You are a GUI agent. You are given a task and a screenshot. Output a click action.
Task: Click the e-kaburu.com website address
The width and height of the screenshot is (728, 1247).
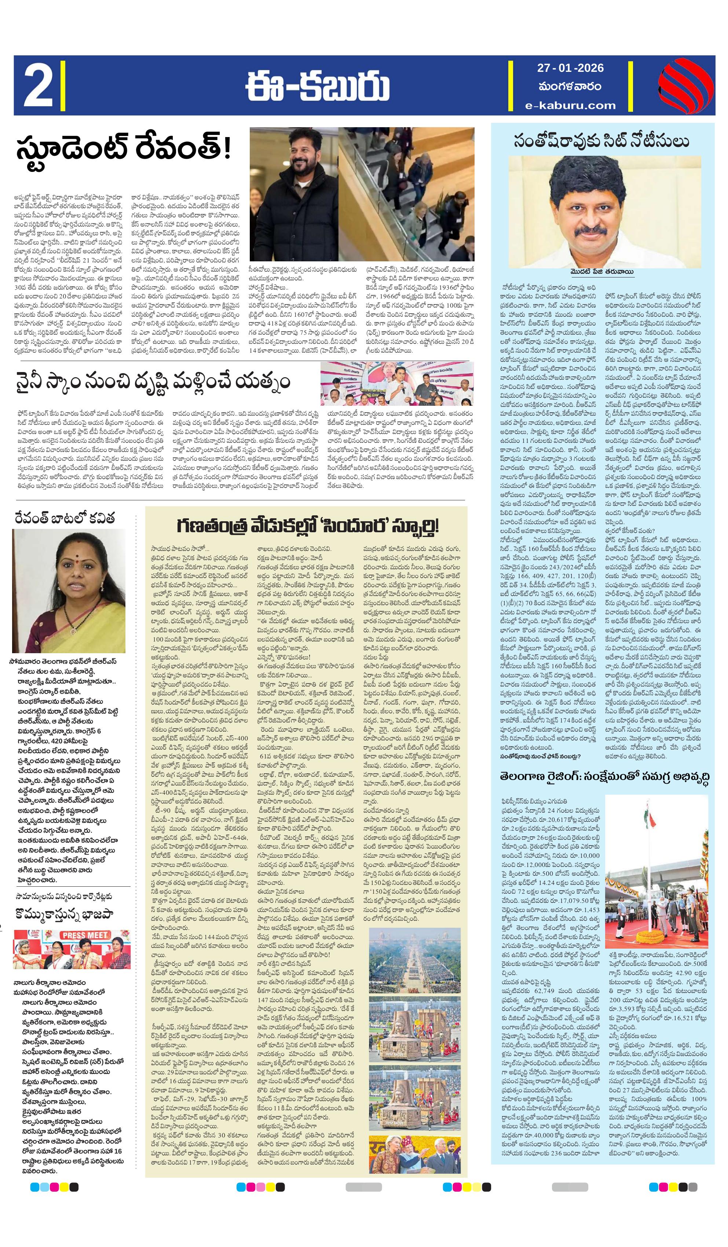571,105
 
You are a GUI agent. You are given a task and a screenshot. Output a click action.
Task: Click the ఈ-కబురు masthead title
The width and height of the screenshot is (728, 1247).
318,86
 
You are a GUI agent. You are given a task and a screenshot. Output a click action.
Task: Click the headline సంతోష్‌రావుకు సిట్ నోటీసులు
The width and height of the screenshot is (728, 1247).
601,141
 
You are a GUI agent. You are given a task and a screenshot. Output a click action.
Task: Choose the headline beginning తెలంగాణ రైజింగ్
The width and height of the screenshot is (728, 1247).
604,776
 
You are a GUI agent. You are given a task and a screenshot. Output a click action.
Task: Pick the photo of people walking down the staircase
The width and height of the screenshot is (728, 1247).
406,194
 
